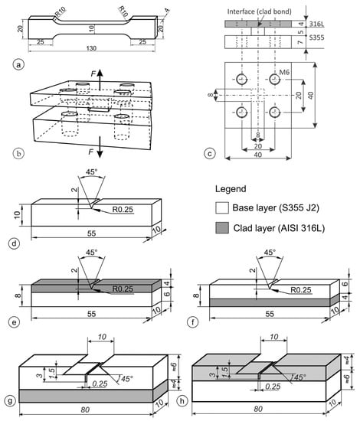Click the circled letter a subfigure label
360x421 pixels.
[x=18, y=65]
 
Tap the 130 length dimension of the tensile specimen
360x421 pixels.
[x=91, y=48]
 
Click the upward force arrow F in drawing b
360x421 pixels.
[x=100, y=80]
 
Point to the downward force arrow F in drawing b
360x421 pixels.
[x=100, y=147]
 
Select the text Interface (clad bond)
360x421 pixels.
[x=259, y=11]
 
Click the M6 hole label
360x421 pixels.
[x=284, y=72]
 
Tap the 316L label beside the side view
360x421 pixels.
[x=316, y=24]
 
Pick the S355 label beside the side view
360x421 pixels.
[x=316, y=38]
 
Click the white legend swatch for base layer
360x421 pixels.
[x=222, y=207]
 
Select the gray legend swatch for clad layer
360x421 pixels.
[x=222, y=227]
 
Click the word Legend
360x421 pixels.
[x=231, y=189]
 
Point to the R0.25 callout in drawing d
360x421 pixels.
[x=123, y=210]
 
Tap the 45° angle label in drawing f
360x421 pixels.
[x=270, y=253]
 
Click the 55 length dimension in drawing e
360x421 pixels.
[x=91, y=314]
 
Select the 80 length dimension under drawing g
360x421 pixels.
[x=85, y=410]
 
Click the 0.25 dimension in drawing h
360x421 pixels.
[x=273, y=387]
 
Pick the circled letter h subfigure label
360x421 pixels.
[x=182, y=401]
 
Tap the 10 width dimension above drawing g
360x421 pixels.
[x=102, y=337]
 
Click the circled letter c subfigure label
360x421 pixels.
[x=210, y=154]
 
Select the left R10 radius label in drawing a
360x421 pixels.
[x=61, y=12]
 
